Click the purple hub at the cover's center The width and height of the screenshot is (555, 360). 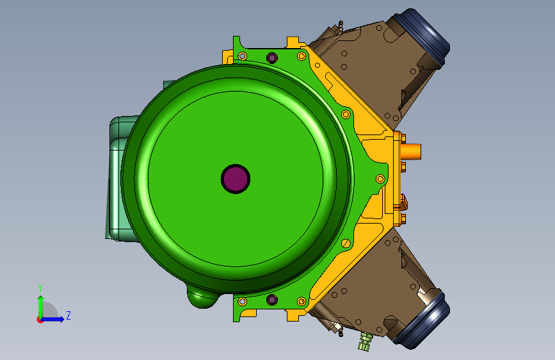click(236, 179)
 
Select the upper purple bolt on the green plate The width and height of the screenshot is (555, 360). click(272, 58)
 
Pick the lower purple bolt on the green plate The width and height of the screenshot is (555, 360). click(272, 300)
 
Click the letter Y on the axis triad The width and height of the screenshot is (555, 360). click(40, 288)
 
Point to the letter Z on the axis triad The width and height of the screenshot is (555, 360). click(68, 315)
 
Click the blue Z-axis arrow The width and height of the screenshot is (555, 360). click(52, 319)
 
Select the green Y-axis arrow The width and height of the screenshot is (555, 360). click(41, 307)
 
